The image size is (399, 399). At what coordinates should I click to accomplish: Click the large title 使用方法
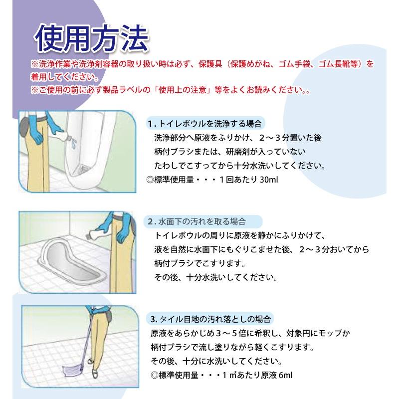[91, 39]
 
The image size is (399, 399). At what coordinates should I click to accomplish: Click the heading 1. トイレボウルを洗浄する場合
[205, 124]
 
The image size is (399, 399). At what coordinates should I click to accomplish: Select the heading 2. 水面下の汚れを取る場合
[197, 221]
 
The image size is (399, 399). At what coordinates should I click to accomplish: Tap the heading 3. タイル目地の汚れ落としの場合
[210, 319]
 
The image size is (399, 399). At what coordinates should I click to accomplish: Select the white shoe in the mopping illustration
[94, 374]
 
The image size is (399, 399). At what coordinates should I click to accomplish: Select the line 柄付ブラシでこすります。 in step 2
[200, 263]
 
